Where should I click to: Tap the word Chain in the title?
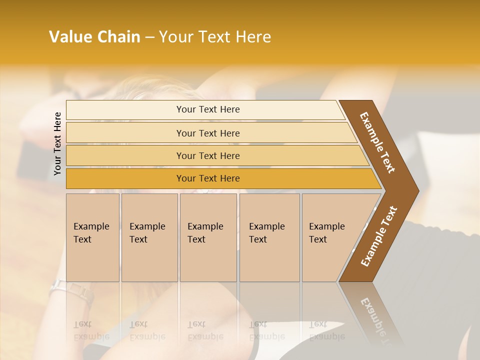coord(118,37)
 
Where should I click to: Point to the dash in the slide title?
coord(149,37)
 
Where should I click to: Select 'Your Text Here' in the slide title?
coord(215,37)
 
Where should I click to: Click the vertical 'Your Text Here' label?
coord(57,143)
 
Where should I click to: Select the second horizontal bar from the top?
coord(208,133)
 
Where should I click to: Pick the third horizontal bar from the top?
coord(208,155)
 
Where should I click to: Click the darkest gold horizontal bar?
coord(208,178)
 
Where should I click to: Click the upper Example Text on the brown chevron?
coord(378,142)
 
